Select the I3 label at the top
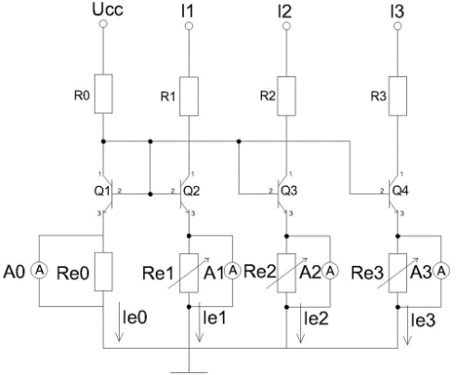[x=398, y=11]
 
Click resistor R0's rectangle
[x=103, y=94]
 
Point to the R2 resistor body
[x=286, y=96]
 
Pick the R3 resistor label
[x=378, y=97]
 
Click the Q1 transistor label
[x=102, y=191]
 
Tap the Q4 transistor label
[x=400, y=191]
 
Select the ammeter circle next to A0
[x=39, y=271]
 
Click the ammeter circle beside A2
[x=330, y=272]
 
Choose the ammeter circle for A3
[x=441, y=272]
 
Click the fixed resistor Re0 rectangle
[x=103, y=272]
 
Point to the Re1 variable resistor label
[x=158, y=274]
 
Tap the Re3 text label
[x=367, y=274]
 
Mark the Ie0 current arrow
[x=119, y=326]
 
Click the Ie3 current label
[x=423, y=320]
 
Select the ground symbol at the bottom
[x=189, y=372]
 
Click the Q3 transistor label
[x=289, y=191]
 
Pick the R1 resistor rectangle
[x=189, y=97]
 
